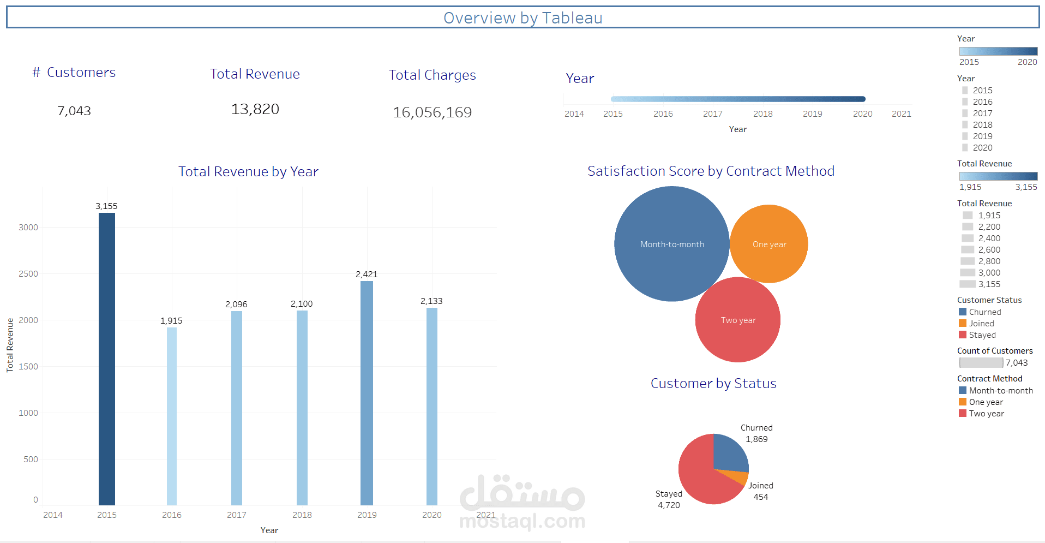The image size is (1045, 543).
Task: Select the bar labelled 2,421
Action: pos(367,392)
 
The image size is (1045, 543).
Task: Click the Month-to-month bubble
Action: pos(671,244)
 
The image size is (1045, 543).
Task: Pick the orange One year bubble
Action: pos(769,244)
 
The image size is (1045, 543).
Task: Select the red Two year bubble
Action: pos(737,320)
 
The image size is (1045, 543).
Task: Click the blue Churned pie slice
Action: pos(728,453)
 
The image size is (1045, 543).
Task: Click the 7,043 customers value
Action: pos(74,111)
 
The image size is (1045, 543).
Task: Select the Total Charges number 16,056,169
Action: pos(432,112)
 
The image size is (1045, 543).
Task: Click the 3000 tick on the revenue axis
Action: pos(28,227)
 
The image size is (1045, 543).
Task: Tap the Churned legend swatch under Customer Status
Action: pos(963,312)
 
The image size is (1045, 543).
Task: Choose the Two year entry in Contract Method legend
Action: pos(986,414)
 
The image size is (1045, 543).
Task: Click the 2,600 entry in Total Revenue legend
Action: pos(989,250)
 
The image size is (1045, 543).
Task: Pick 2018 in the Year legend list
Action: pos(982,125)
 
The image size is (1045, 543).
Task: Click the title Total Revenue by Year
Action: pos(248,171)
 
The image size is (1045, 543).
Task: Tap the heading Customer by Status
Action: pos(713,383)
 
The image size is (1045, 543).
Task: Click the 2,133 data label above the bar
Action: pos(431,301)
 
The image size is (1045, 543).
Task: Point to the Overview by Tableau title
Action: pos(522,18)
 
